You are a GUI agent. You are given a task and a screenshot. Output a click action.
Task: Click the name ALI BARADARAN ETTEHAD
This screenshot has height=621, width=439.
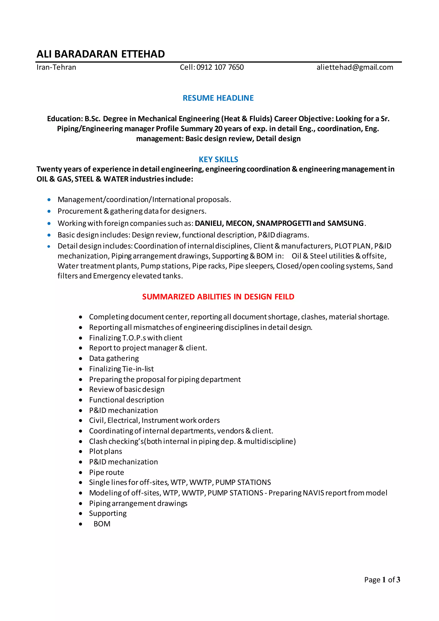tap(101, 54)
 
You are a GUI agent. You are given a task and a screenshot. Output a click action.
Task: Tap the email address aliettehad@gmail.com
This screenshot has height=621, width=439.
tap(355, 67)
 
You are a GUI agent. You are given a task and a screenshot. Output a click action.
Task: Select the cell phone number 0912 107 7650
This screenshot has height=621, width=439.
tap(220, 67)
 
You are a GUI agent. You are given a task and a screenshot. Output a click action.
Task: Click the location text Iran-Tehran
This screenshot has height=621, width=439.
tap(56, 67)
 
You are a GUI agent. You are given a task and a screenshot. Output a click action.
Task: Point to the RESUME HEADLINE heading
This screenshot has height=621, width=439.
tap(218, 98)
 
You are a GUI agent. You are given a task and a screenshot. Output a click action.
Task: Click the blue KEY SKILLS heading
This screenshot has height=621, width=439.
tap(218, 160)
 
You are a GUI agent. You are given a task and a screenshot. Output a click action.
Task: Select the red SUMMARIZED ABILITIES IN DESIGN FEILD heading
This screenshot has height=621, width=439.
tap(218, 297)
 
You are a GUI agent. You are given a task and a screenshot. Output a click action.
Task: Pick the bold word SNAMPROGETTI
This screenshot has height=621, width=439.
tap(283, 223)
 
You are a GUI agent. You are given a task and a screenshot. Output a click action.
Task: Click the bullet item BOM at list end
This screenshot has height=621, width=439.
tap(102, 524)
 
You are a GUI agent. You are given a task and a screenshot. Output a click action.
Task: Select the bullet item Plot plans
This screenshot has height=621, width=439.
tap(105, 451)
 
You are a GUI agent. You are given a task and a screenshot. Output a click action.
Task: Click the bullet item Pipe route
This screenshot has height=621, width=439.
tap(107, 473)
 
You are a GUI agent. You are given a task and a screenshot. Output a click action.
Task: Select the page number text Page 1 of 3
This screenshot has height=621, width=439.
tap(382, 580)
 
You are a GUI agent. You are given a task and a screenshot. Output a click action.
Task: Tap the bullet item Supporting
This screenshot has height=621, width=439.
tap(108, 513)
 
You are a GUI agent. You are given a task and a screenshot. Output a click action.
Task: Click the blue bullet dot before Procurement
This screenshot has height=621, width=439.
tap(49, 211)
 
